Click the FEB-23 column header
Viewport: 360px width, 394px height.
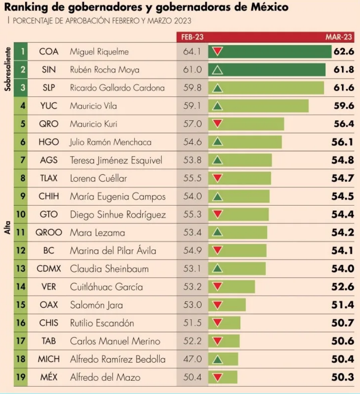[192, 37]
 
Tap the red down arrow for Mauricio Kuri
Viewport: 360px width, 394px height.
[217, 124]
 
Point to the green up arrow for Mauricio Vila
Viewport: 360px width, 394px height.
[217, 106]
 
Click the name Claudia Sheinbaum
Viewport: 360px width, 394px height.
[109, 269]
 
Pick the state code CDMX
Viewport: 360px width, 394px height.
[49, 269]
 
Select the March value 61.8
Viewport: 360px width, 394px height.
[344, 69]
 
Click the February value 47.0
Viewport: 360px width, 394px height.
[192, 359]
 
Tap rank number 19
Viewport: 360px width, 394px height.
[21, 377]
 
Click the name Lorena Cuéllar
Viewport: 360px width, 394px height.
[99, 178]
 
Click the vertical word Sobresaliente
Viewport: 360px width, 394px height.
[7, 69]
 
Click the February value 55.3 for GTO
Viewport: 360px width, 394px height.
[192, 214]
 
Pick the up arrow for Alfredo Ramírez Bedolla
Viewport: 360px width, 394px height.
[217, 359]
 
